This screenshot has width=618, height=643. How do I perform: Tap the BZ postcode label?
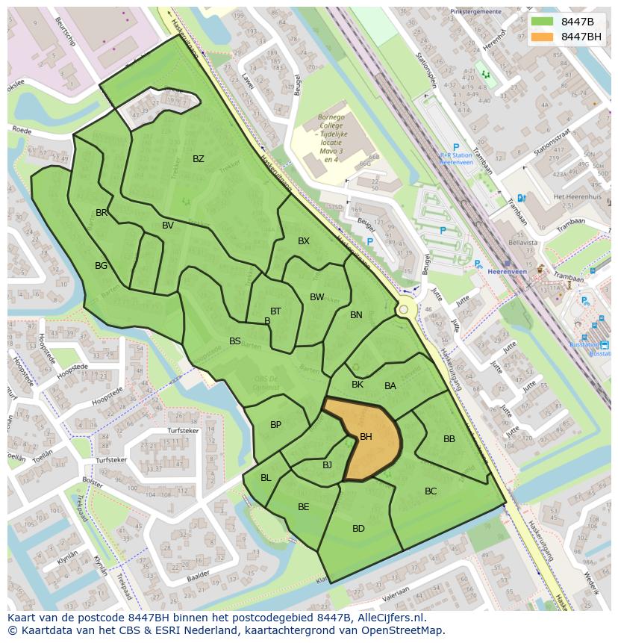tap(198, 158)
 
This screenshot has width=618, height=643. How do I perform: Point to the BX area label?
tap(303, 241)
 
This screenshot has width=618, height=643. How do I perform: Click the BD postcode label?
tap(358, 529)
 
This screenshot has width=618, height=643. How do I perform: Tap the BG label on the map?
tap(102, 265)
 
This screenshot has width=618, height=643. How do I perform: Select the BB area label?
tap(449, 439)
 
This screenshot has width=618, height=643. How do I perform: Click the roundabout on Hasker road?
tap(404, 309)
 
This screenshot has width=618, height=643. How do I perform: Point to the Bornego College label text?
tap(331, 118)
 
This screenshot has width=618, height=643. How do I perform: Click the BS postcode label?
tap(234, 341)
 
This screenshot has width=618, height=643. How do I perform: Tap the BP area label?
tap(275, 425)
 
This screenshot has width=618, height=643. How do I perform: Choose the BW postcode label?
tap(316, 297)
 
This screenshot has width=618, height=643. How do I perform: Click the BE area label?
tap(303, 507)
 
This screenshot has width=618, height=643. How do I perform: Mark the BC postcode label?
tap(430, 491)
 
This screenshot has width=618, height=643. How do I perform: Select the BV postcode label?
tap(168, 226)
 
